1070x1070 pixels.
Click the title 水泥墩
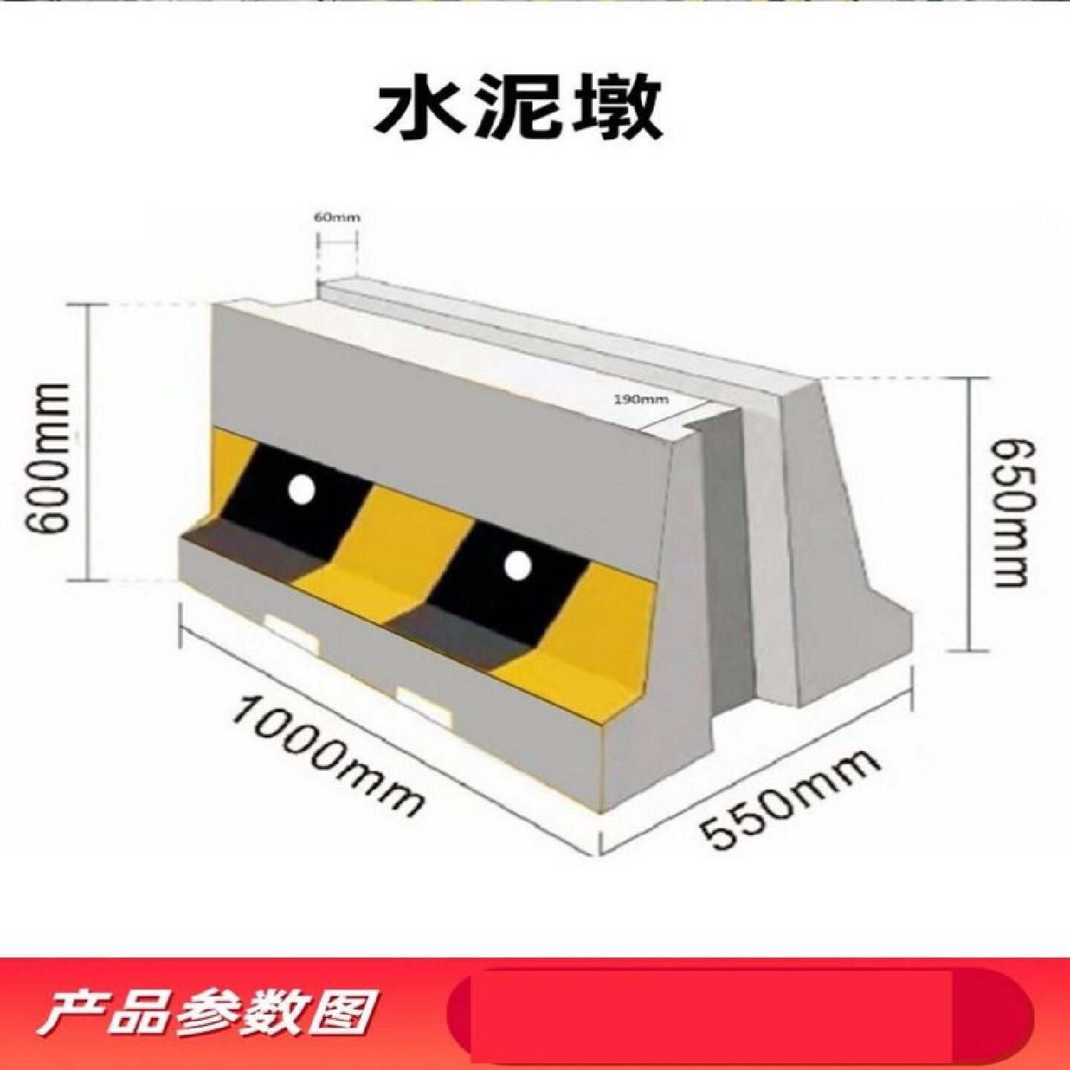tap(518, 111)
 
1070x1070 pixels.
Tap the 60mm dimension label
tap(336, 218)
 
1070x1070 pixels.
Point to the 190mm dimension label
tap(641, 399)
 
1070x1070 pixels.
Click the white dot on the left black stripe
tap(302, 490)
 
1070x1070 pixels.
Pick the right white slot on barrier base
tap(425, 706)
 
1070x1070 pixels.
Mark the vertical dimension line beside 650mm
tap(969, 513)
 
